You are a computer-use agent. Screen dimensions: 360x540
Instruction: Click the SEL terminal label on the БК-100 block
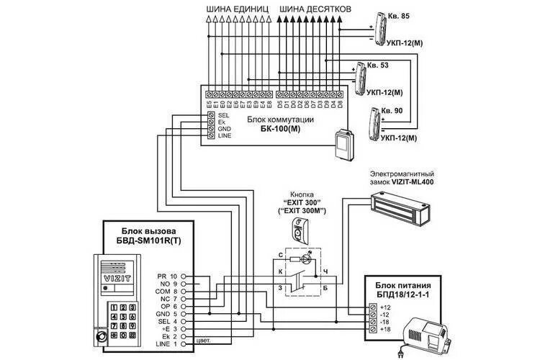tap(223, 114)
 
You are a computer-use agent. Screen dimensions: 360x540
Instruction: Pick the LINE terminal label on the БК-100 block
tap(225, 135)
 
